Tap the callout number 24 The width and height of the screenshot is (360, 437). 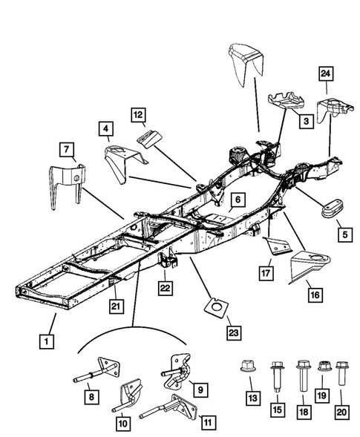[326, 73]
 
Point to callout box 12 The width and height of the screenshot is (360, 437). [139, 115]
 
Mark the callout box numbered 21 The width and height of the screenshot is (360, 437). [116, 305]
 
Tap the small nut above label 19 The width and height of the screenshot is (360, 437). [323, 366]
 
